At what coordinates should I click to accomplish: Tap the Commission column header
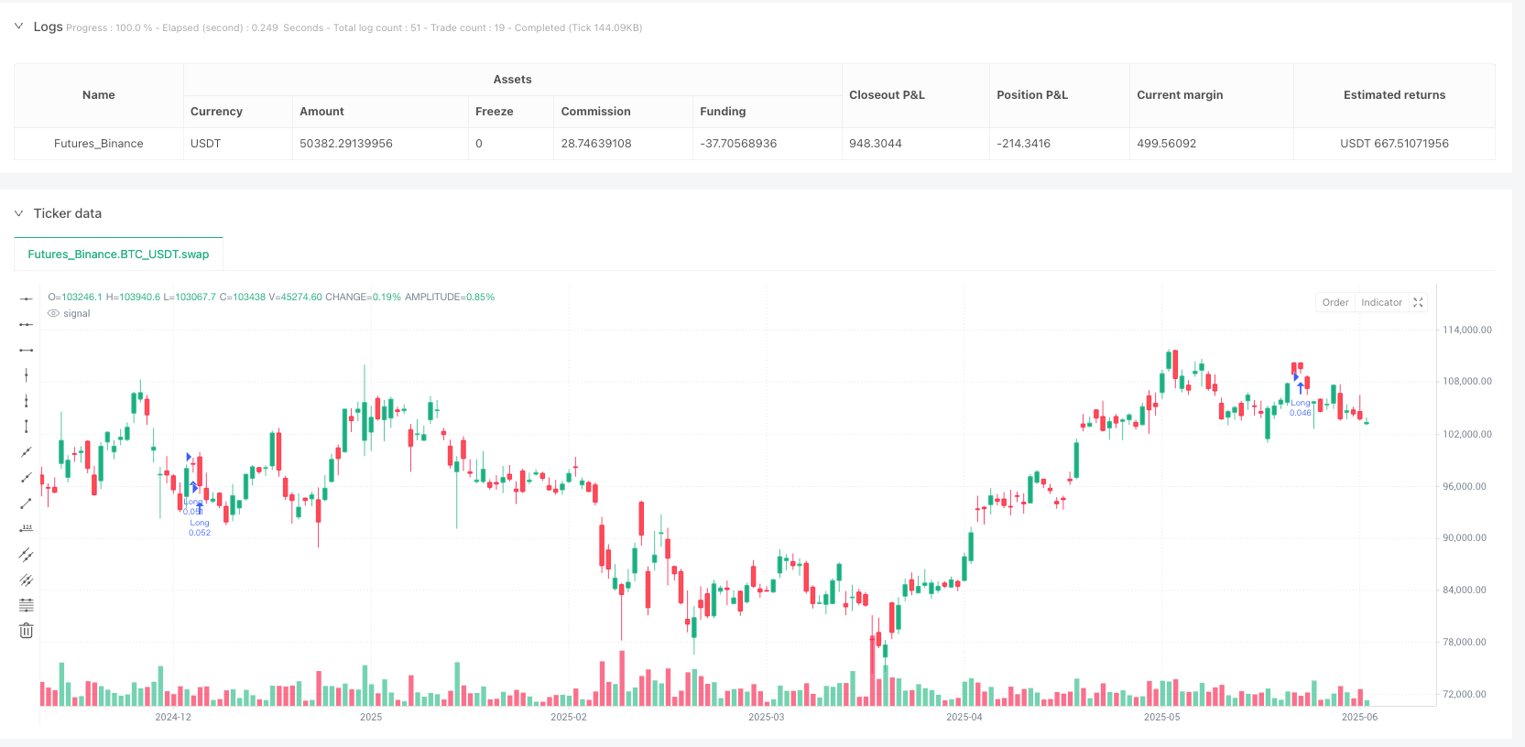tap(595, 112)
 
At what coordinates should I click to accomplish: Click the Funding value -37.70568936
tap(737, 144)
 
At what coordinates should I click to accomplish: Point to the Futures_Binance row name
tap(98, 144)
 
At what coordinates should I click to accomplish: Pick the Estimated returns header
tap(1394, 95)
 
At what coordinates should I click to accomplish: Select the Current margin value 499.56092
tap(1166, 144)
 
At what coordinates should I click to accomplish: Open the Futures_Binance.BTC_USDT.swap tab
tap(118, 254)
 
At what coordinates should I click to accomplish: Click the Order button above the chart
tap(1334, 303)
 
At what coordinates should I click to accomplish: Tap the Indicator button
tap(1381, 303)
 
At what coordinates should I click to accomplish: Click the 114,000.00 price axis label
tap(1466, 330)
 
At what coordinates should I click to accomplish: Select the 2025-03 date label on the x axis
tap(766, 717)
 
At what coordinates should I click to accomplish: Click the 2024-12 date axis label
tap(173, 717)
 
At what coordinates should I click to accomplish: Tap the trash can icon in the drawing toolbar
tap(27, 631)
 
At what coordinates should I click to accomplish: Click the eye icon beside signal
tap(53, 314)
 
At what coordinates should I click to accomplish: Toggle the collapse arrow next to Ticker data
tap(18, 213)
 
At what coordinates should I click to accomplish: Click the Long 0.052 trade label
tap(200, 528)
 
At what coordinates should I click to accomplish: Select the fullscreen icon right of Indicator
tap(1418, 303)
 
